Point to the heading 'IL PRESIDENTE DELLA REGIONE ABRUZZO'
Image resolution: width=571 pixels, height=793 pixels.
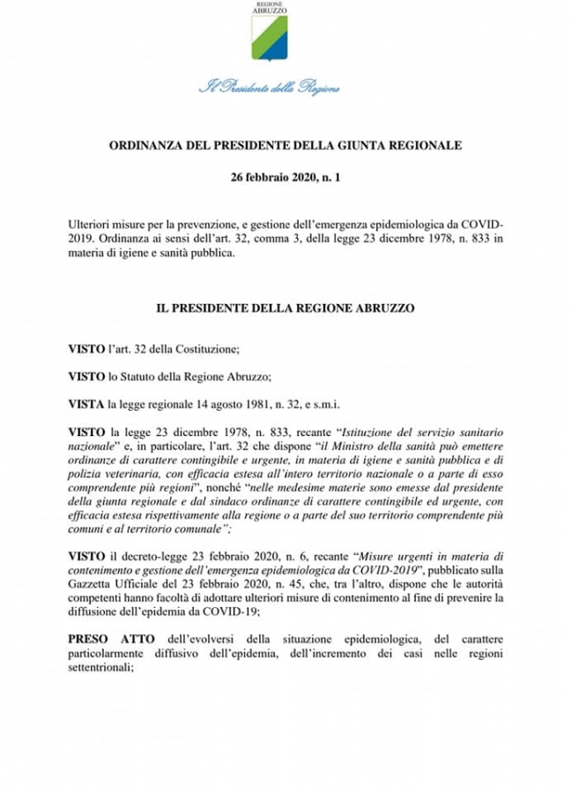[x=285, y=310]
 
